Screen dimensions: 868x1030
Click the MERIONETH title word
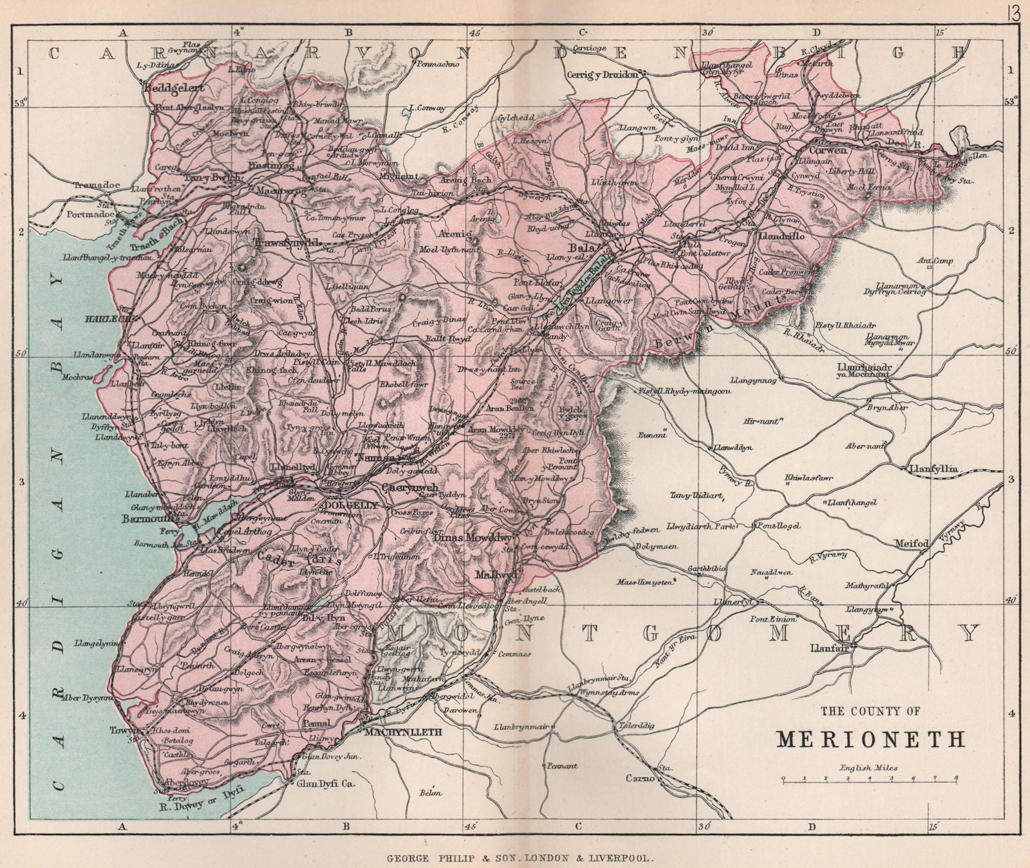[x=871, y=739]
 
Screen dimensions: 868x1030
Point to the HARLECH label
[x=115, y=318]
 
